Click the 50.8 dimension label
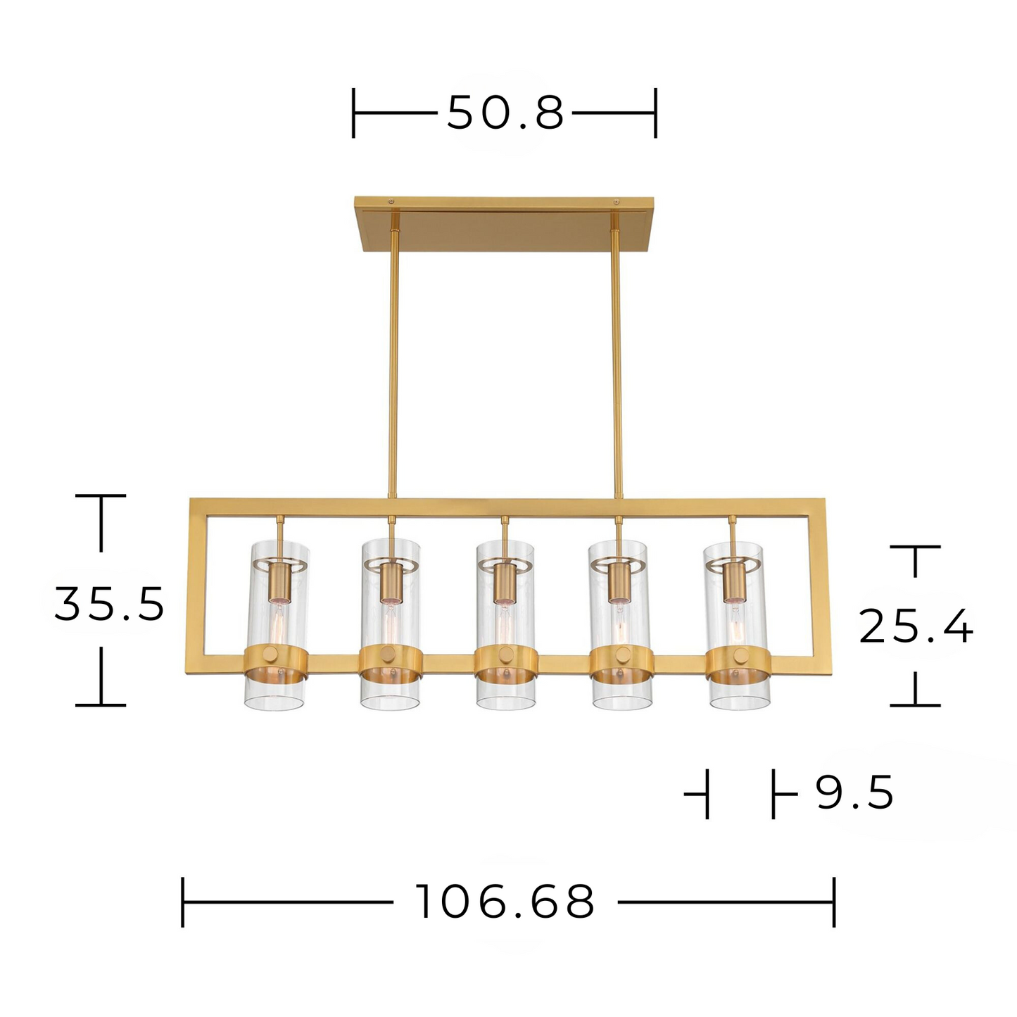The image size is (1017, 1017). point(505,113)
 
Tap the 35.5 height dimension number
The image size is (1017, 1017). point(109,604)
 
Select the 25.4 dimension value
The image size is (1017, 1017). point(916,626)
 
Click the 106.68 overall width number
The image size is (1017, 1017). point(505,902)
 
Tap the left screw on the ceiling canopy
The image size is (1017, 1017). point(391,201)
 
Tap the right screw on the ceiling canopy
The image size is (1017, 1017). point(616,201)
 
